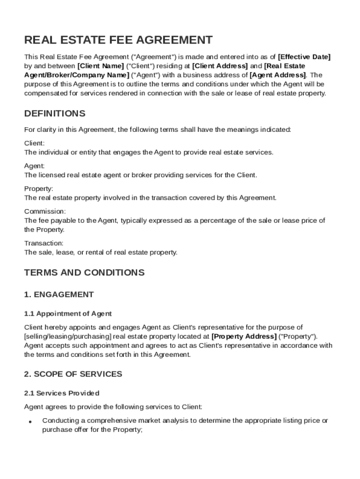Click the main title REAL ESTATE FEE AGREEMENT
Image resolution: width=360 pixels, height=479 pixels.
[118, 40]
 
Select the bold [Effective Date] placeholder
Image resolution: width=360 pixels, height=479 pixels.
[304, 57]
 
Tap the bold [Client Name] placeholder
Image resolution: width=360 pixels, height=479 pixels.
[101, 66]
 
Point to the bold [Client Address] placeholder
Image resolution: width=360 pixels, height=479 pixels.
[220, 66]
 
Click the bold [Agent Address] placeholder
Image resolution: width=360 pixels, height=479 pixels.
[278, 75]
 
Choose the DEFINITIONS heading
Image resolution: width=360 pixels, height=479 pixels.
[55, 114]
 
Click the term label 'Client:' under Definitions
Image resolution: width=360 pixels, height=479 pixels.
[35, 143]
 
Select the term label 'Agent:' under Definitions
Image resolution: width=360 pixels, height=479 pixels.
[35, 166]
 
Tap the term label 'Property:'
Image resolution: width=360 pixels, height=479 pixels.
[39, 189]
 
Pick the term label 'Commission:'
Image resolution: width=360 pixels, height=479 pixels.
[45, 211]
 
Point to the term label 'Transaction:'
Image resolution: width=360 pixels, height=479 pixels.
[44, 243]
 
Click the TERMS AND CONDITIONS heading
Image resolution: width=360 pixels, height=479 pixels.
[84, 272]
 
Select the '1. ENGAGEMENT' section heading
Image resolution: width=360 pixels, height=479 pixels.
[59, 295]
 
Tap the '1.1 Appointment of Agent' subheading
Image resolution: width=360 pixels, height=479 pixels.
[68, 313]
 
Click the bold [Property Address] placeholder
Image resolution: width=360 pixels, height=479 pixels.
[244, 336]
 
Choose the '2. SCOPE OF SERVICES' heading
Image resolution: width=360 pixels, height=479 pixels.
[73, 374]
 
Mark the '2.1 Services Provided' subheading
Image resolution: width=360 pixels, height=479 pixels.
[62, 393]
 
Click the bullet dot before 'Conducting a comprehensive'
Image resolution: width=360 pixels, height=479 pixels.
[29, 421]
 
